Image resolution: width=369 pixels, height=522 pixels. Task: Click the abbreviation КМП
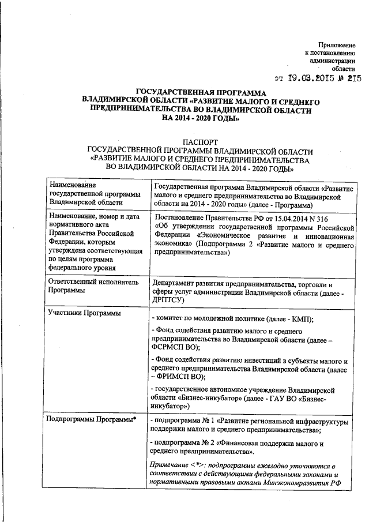tap(299, 320)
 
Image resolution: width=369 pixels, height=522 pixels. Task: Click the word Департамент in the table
tap(174, 284)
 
